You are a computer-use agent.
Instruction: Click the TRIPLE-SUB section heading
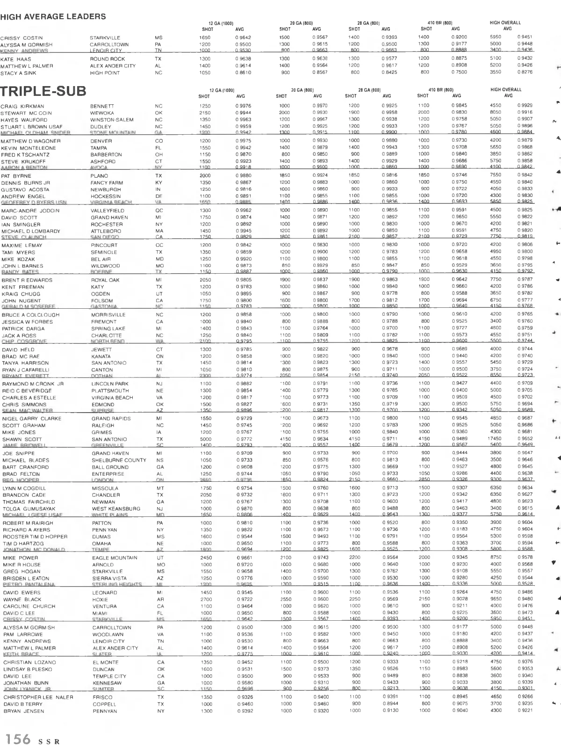pyautogui.click(x=43, y=91)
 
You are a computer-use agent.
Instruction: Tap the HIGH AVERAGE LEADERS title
pyautogui.click(x=53, y=17)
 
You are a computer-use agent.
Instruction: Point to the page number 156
pyautogui.click(x=18, y=739)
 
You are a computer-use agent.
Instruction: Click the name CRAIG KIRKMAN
pyautogui.click(x=22, y=106)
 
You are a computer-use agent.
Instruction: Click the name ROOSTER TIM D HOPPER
pyautogui.click(x=35, y=537)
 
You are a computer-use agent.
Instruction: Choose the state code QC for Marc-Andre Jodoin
pyautogui.click(x=159, y=211)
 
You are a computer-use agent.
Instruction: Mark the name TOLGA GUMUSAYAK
pyautogui.click(x=29, y=508)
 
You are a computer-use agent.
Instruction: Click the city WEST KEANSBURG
pyautogui.click(x=116, y=508)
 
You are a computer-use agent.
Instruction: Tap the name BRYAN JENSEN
pyautogui.click(x=23, y=711)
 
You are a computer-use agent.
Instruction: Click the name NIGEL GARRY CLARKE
pyautogui.click(x=32, y=419)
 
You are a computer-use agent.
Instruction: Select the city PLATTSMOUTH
pyautogui.click(x=110, y=391)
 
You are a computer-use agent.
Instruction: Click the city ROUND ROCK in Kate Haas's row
pyautogui.click(x=107, y=59)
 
